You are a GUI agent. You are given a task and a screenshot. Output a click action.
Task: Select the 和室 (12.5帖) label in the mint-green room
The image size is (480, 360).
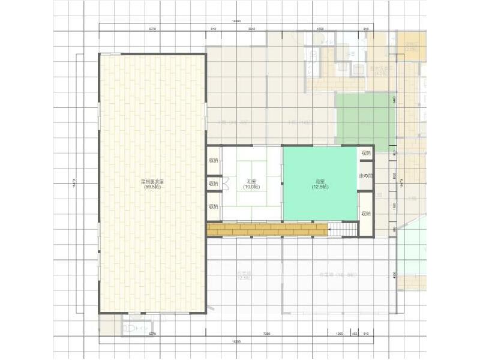319,184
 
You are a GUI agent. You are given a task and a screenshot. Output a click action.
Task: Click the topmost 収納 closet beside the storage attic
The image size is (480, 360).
214,160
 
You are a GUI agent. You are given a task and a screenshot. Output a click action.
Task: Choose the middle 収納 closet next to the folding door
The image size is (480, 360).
214,184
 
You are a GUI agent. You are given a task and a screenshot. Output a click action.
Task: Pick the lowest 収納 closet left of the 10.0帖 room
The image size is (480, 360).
214,206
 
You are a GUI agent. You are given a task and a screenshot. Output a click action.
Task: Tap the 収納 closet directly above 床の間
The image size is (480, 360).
366,154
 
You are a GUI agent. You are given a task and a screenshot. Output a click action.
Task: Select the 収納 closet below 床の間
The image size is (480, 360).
366,214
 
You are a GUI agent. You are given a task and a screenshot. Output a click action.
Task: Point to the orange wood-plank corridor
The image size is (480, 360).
267,229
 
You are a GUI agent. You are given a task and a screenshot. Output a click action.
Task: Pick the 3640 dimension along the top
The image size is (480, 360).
251,29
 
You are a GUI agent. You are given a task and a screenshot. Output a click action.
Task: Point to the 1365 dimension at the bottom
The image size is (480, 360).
340,334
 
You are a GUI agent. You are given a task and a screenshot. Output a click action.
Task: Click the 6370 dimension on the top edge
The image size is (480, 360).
152,29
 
